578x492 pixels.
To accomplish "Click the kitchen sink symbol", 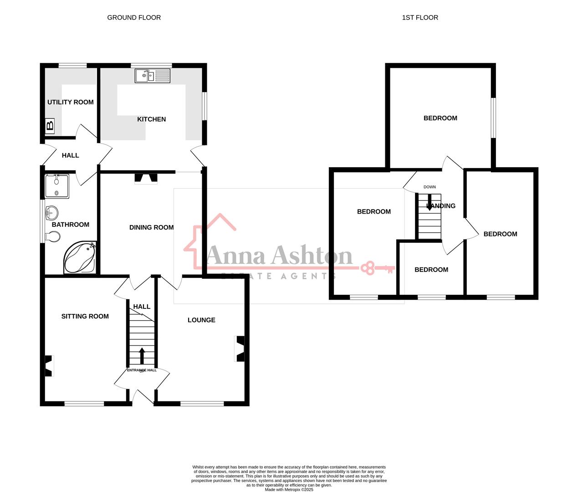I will click(152, 76).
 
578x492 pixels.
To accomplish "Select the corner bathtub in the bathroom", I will click(80, 258).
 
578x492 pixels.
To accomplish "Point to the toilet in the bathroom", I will click(53, 237).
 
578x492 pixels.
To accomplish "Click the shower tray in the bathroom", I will click(57, 186).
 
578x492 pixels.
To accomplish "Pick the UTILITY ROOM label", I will click(71, 102).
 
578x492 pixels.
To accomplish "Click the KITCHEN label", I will click(152, 119).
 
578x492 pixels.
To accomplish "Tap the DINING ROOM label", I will click(151, 227).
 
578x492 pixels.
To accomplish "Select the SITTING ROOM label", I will click(85, 316).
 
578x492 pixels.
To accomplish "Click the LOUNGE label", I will click(201, 320).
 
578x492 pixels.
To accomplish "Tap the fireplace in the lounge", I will click(240, 349).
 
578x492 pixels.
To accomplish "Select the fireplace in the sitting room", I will click(49, 366).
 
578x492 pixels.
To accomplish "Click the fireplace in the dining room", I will click(146, 179).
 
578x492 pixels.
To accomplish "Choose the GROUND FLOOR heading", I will click(134, 18).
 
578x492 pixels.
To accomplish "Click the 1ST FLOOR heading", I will click(420, 18).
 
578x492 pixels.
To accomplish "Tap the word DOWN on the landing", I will click(430, 187).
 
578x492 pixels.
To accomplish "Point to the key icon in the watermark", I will click(377, 268).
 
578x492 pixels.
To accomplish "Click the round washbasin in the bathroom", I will click(52, 212).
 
